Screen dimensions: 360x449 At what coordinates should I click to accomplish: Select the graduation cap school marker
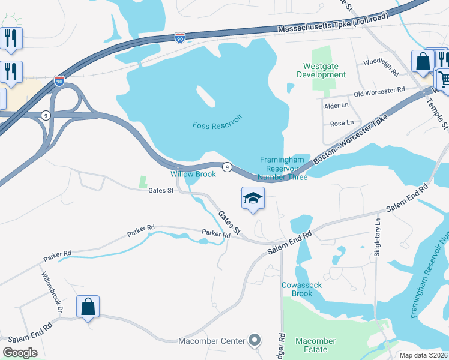pos(253,198)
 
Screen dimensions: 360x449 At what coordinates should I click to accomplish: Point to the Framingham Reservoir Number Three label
pos(283,168)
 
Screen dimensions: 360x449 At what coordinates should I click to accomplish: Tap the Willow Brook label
pos(193,174)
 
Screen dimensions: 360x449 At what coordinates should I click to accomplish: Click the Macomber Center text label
pos(212,341)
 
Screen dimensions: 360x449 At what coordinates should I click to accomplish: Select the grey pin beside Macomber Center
pos(255,340)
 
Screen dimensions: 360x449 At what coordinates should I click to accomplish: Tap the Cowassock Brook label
pos(297,289)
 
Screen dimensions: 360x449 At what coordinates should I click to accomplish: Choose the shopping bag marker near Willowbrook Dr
pos(88,307)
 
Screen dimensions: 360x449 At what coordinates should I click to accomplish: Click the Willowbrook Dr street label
pos(52,292)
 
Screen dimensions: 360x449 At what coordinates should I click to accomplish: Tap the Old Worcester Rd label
pos(379,91)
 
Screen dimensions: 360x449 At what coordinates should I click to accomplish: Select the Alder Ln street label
pos(336,106)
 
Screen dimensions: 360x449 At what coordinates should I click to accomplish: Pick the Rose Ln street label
pos(342,123)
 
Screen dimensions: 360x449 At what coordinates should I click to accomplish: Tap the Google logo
pos(20,353)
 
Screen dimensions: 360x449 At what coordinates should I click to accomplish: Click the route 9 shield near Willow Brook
pos(227,167)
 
